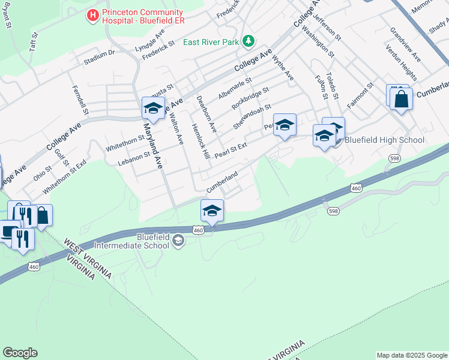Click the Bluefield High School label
[384, 140]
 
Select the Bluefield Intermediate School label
[152, 241]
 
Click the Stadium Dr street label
[99, 57]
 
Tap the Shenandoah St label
[249, 117]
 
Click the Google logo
[20, 353]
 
